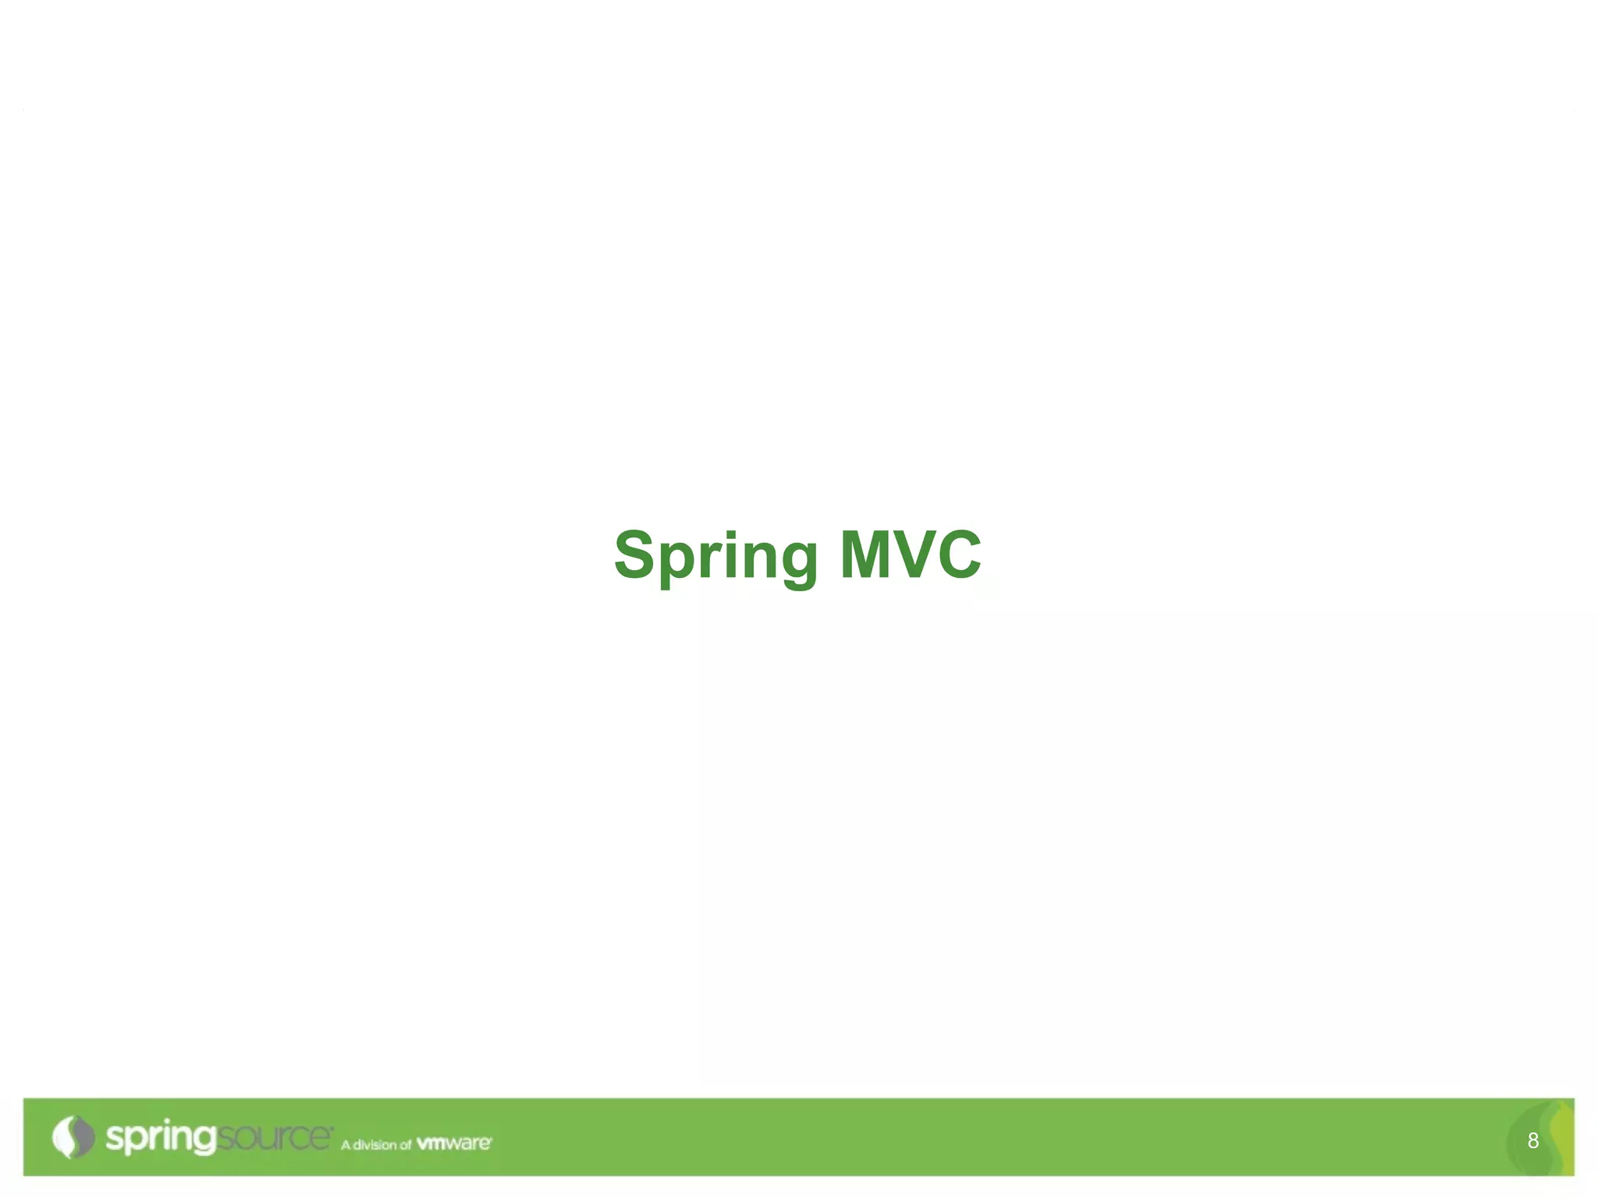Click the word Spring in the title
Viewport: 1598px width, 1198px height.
[x=716, y=556]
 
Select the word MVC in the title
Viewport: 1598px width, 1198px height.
[x=910, y=555]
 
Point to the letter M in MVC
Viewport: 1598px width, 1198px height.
[x=872, y=555]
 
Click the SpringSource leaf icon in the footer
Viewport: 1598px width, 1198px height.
[x=73, y=1136]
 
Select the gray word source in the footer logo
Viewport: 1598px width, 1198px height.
[x=273, y=1138]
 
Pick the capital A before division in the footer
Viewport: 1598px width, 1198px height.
[x=346, y=1145]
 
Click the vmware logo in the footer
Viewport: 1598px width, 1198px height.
[x=453, y=1143]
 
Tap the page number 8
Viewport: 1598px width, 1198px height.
[x=1532, y=1141]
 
